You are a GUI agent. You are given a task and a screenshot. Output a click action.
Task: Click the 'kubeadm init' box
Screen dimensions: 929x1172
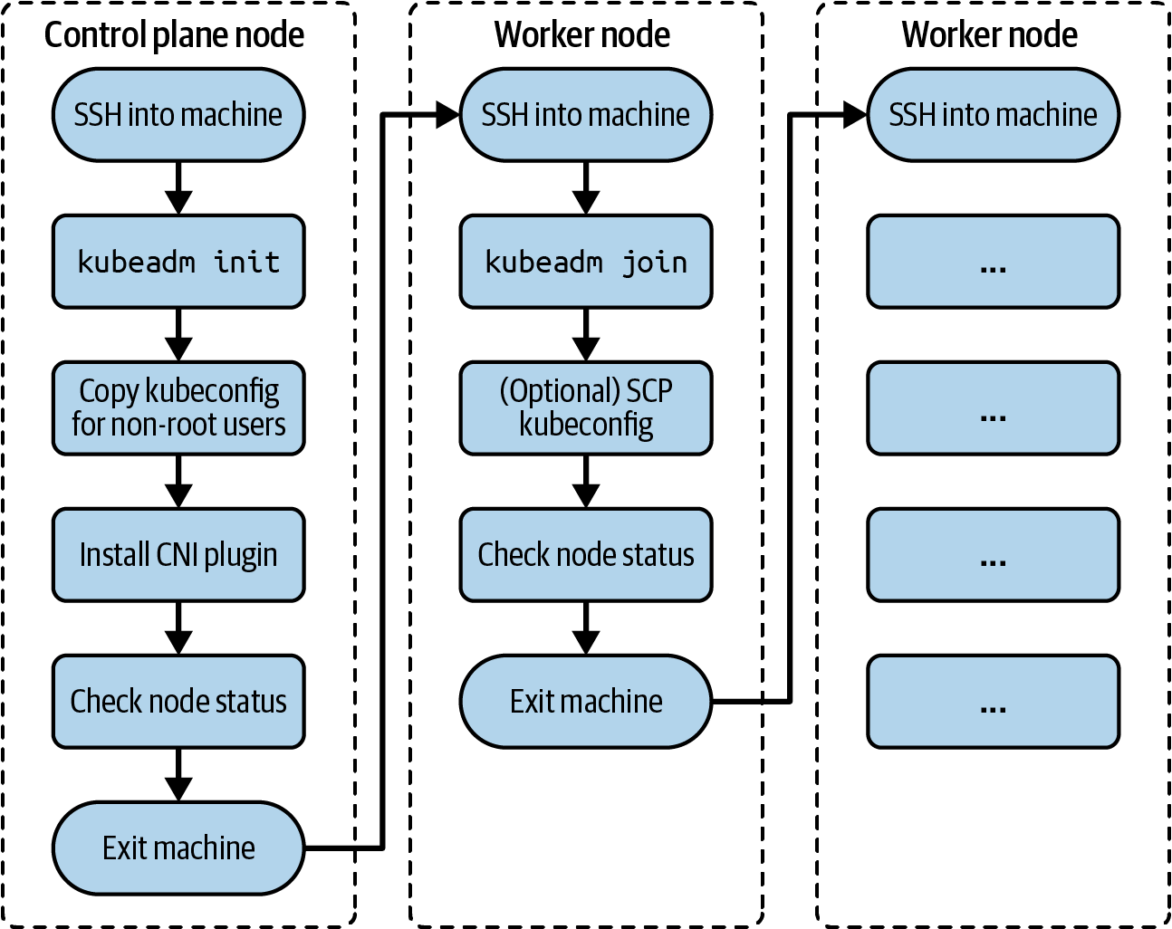[178, 262]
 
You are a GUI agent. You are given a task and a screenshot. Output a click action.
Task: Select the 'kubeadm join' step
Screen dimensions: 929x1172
[586, 262]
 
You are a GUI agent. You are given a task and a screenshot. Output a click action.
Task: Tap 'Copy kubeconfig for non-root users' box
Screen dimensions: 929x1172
[178, 407]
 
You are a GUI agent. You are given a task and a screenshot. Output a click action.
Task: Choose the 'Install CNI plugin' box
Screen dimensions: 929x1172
[178, 554]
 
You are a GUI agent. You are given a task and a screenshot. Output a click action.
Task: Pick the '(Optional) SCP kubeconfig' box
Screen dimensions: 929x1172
[586, 407]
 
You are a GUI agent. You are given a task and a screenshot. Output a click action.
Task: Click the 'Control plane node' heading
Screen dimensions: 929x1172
[174, 34]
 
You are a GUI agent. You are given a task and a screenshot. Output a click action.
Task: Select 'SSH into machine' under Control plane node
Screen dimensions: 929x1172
[178, 115]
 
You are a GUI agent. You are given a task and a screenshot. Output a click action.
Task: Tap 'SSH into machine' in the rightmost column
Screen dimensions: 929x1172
[993, 115]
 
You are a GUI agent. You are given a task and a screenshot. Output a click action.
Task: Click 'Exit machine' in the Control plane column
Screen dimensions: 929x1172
[178, 848]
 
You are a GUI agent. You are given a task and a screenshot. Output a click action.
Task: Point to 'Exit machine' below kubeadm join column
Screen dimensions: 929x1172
[586, 701]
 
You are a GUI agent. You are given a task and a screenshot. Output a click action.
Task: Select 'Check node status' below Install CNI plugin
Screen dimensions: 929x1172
[178, 701]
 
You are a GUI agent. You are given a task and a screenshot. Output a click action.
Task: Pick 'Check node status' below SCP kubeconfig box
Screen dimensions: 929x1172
[586, 554]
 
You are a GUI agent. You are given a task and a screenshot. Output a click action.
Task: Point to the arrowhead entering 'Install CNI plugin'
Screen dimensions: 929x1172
[178, 495]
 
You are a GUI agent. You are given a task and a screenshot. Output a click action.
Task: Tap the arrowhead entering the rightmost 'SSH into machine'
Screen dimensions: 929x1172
[854, 115]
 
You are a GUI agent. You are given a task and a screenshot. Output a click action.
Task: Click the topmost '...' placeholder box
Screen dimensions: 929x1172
[993, 262]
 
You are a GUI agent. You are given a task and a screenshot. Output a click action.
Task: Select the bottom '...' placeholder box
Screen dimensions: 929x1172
[993, 701]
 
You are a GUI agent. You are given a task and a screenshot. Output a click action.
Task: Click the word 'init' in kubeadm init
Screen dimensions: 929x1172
[246, 262]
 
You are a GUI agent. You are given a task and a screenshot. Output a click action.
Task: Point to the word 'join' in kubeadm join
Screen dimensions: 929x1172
[654, 263]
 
